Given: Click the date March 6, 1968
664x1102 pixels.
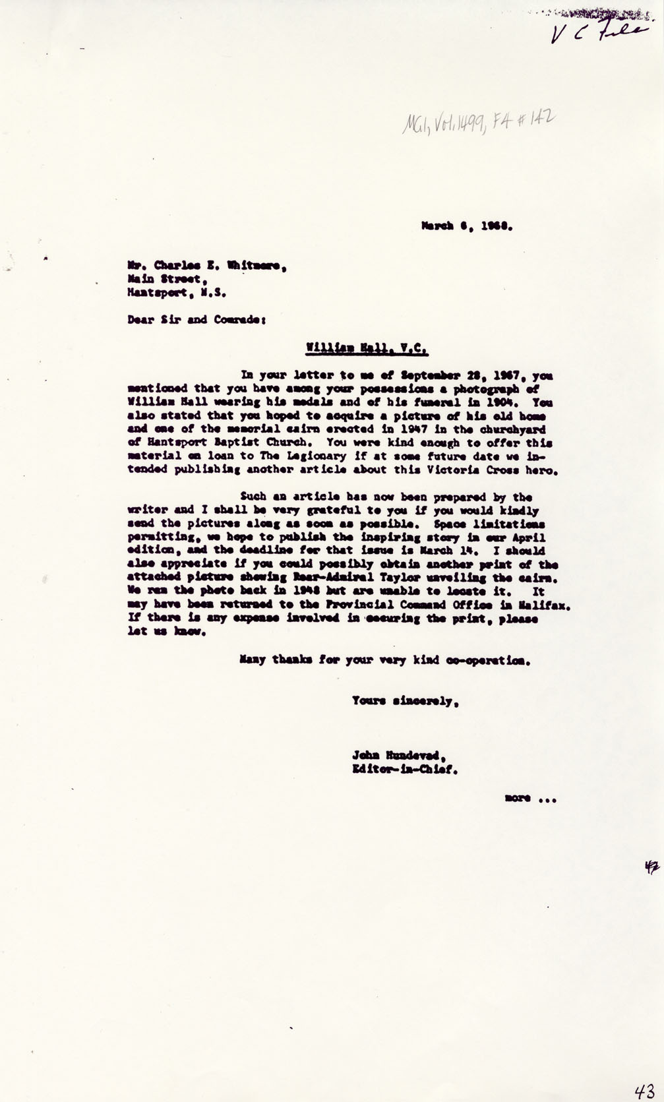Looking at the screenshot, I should (467, 225).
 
